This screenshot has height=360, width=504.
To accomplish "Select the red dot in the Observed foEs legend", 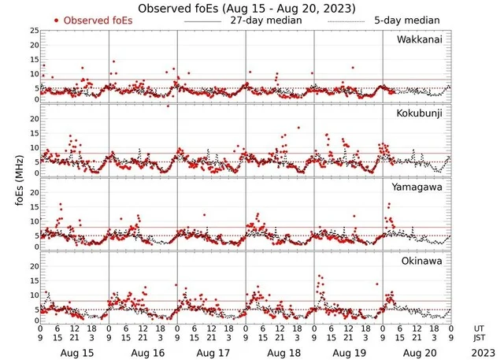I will [57, 20].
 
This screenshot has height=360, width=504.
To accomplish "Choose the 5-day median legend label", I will [408, 20].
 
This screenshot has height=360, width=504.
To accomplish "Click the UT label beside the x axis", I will [479, 328].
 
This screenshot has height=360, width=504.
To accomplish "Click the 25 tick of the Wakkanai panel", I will [34, 30].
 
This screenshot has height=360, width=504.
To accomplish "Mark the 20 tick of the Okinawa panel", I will [34, 266].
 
